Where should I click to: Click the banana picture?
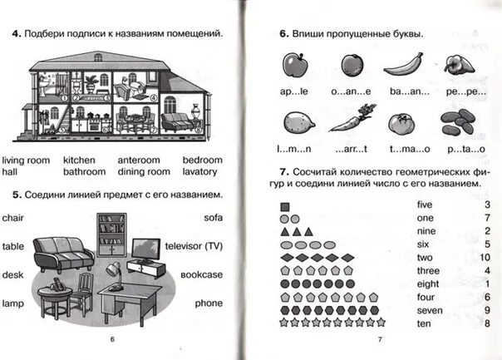click(401, 65)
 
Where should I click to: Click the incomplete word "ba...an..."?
click(401, 92)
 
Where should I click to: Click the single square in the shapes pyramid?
click(285, 205)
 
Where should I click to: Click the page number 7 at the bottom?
click(380, 340)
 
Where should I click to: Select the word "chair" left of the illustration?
click(14, 217)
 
